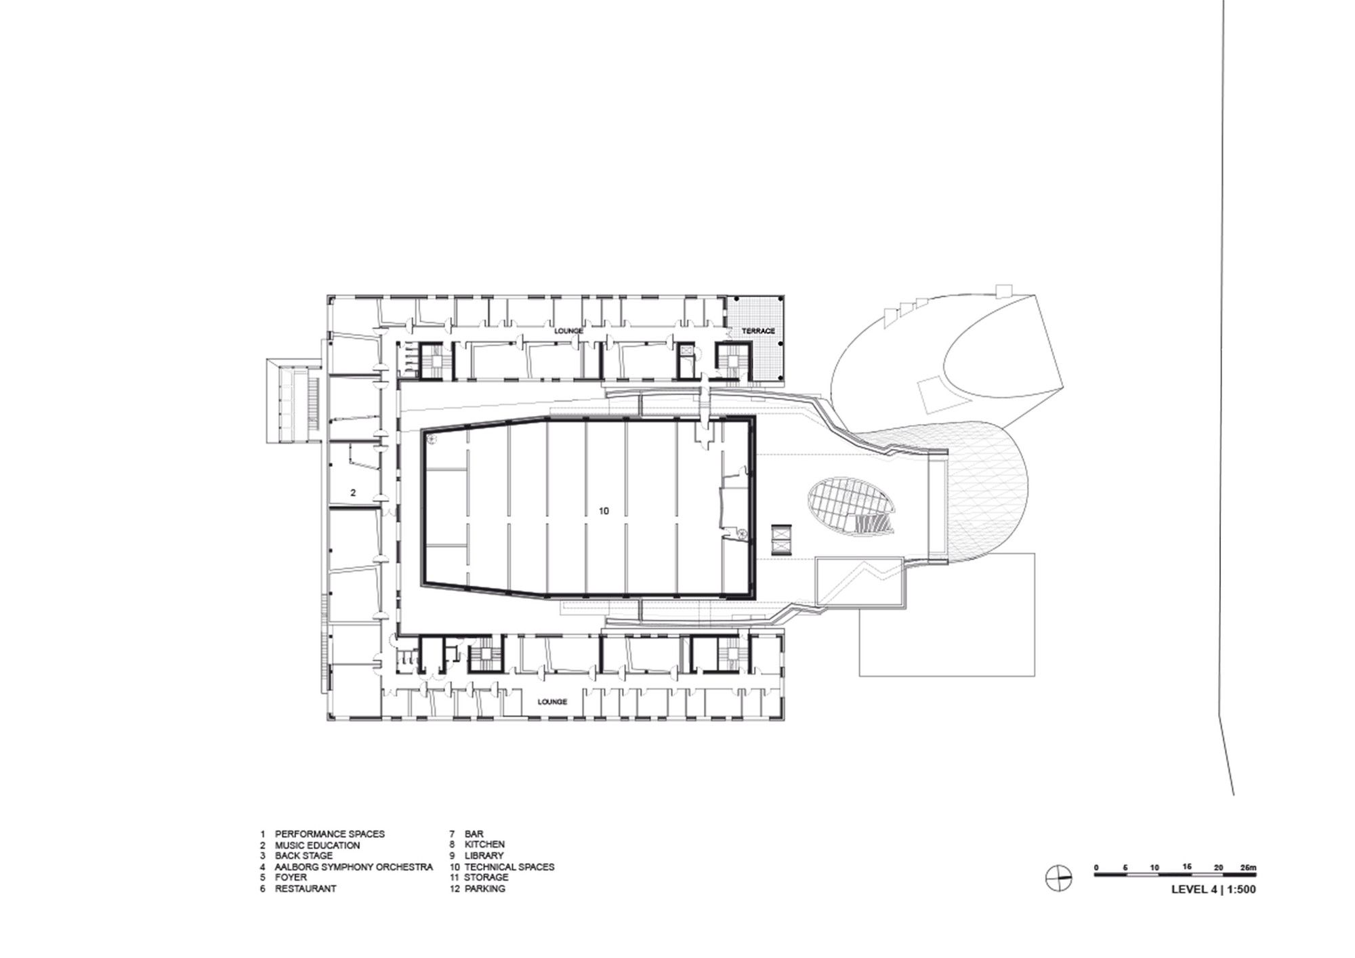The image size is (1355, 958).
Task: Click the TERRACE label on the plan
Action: (758, 331)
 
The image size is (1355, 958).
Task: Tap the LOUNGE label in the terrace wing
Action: (568, 331)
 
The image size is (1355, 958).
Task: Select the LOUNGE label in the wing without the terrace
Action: (552, 702)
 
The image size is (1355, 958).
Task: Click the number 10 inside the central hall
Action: (604, 511)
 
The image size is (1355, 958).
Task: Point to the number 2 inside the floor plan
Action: (353, 493)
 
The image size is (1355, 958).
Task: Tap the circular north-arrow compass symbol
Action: (1059, 879)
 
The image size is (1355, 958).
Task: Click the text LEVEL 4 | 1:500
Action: (1213, 890)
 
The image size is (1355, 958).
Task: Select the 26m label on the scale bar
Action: (1247, 867)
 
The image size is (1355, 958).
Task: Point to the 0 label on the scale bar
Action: (1096, 867)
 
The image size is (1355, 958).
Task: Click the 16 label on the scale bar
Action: (1186, 867)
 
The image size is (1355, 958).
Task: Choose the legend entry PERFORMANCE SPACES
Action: (330, 834)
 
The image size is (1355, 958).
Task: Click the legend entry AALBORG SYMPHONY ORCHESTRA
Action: (354, 867)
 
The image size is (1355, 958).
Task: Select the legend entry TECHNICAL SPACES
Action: (509, 867)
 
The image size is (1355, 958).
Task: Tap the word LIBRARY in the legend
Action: (484, 856)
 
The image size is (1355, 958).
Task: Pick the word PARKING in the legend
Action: (485, 888)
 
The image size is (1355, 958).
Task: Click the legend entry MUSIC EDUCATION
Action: (318, 845)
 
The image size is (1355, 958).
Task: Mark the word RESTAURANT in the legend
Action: (306, 888)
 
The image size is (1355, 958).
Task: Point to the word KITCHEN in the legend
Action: (485, 845)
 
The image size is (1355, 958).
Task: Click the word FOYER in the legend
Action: (291, 877)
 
